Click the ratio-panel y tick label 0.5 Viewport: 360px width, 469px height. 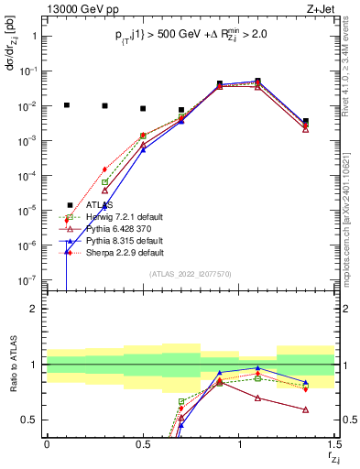pyautogui.click(x=30, y=420)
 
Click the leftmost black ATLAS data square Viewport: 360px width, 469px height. pyautogui.click(x=66, y=105)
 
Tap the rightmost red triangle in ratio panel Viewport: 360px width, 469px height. pyautogui.click(x=306, y=409)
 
